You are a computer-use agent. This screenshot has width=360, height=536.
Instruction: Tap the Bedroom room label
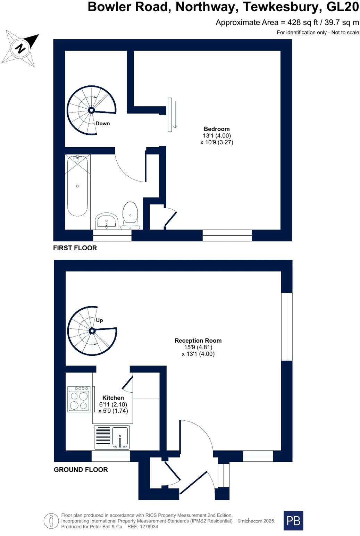(x=217, y=129)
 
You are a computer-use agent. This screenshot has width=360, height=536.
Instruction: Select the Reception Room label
(x=198, y=341)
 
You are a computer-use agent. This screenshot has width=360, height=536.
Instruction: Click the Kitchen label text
(x=113, y=398)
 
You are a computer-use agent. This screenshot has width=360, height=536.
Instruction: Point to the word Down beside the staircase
(x=102, y=124)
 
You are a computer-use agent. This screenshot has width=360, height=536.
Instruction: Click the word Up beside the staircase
(x=99, y=320)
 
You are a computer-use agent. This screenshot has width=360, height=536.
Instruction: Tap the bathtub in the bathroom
(x=77, y=186)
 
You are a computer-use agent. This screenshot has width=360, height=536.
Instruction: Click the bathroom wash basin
(x=107, y=221)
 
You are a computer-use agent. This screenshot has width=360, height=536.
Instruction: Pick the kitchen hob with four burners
(x=79, y=399)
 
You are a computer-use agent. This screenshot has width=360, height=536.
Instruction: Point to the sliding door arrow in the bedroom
(x=175, y=115)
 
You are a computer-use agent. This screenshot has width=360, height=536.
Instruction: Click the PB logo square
(x=293, y=520)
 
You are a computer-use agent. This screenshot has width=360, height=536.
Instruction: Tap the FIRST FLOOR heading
(x=75, y=248)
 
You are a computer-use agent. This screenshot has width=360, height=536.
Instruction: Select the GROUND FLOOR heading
(x=81, y=470)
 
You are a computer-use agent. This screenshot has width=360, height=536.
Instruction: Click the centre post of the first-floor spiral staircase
(x=91, y=110)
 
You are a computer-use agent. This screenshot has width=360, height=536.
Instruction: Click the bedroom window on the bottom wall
(x=227, y=235)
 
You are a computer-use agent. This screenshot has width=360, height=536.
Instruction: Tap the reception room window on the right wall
(x=287, y=327)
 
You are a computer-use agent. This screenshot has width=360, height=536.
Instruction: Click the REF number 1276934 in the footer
(x=148, y=527)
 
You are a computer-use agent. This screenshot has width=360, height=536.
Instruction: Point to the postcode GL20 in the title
(x=343, y=7)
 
